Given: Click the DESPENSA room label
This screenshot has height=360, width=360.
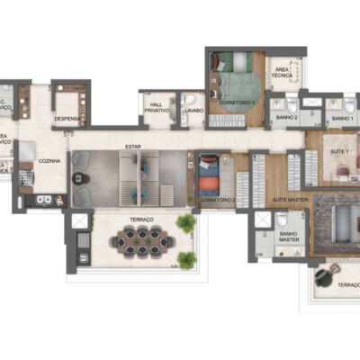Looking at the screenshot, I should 67,118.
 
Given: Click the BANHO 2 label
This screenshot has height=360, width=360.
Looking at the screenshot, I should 286,118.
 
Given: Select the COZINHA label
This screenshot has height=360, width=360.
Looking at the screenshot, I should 50,160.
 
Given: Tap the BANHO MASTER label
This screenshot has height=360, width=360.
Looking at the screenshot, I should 288,236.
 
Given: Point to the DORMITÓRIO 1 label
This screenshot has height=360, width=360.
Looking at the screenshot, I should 237,105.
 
